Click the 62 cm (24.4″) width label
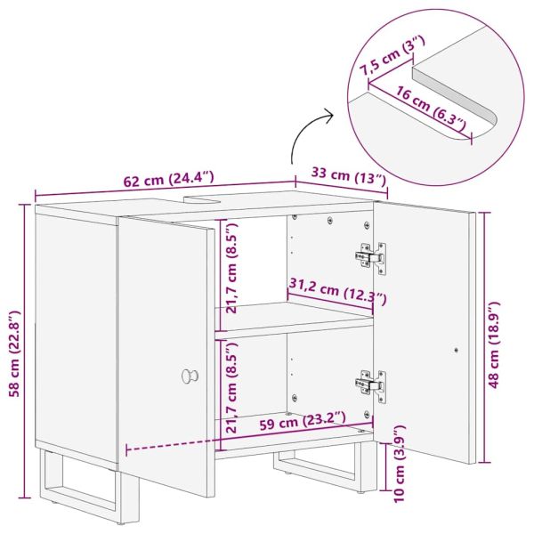[x=168, y=180]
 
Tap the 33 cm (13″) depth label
[x=349, y=176]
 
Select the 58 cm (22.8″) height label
[x=15, y=354]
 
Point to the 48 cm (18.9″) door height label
[x=493, y=344]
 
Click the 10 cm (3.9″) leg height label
[x=399, y=463]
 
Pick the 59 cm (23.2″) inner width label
[x=303, y=421]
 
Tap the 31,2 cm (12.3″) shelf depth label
[x=337, y=290]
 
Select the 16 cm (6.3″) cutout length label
[x=430, y=108]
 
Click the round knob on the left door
[x=190, y=376]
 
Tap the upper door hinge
[x=370, y=257]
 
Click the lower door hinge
[x=370, y=386]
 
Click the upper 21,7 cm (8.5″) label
[x=231, y=268]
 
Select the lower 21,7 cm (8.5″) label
[x=231, y=387]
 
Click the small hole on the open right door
[x=456, y=350]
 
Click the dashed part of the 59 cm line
[x=170, y=445]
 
